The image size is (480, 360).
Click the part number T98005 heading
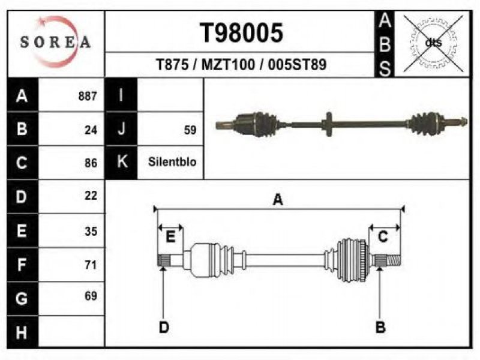click(x=241, y=33)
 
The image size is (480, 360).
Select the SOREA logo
click(x=55, y=41)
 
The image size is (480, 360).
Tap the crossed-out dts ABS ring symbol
click(x=433, y=43)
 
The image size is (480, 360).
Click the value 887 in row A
click(x=88, y=96)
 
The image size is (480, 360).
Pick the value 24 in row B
click(x=91, y=130)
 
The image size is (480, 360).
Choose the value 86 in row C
click(x=91, y=163)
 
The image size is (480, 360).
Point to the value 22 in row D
click(x=91, y=196)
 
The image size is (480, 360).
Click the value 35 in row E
click(x=91, y=231)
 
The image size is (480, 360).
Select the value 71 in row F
click(x=91, y=265)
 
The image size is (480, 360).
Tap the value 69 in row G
click(x=91, y=296)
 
